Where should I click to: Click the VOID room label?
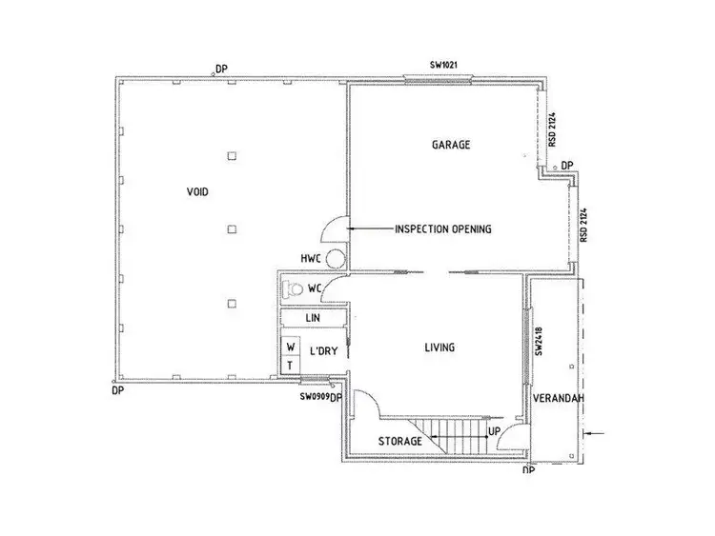tap(197, 192)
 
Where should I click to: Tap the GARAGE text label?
tap(452, 145)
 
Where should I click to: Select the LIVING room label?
tap(439, 347)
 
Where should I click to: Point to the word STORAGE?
tap(399, 441)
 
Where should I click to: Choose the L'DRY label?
tap(324, 350)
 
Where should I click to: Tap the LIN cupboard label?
tap(311, 317)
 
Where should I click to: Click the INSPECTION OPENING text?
tap(442, 229)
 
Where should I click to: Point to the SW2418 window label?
tap(540, 343)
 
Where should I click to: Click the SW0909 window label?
tap(314, 396)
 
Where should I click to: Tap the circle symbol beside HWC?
tap(335, 258)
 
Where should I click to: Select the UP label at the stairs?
tap(495, 431)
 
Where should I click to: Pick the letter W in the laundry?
tap(289, 347)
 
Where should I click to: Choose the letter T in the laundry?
tap(289, 366)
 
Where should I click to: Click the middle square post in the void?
tap(231, 228)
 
